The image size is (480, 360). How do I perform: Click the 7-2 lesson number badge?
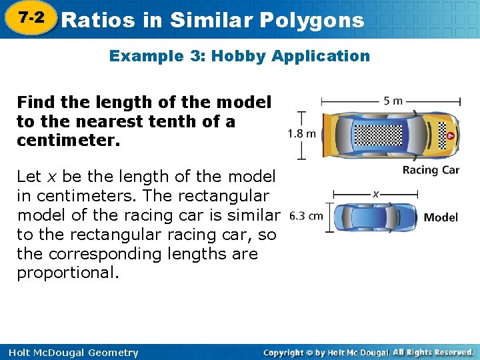(x=31, y=18)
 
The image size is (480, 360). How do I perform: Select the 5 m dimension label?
(x=393, y=101)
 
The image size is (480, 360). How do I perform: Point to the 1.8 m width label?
(x=301, y=133)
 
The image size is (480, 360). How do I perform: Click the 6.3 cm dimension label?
(x=307, y=216)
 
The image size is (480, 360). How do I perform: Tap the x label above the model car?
(x=376, y=194)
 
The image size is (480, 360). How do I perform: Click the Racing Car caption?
(x=431, y=170)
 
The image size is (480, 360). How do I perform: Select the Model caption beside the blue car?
(x=441, y=217)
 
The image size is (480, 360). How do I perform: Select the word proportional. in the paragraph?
(x=68, y=273)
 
